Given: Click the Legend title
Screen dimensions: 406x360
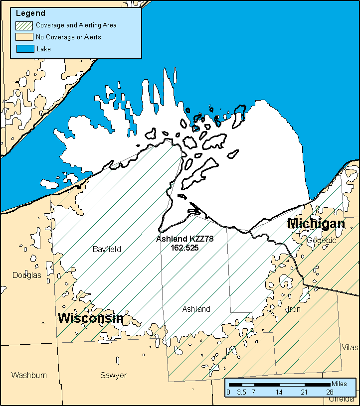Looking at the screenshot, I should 30,13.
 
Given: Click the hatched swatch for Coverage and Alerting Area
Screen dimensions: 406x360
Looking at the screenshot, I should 24,25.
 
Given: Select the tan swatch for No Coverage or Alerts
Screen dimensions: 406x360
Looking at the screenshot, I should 24,37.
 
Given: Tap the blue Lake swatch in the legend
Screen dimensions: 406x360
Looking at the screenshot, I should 24,49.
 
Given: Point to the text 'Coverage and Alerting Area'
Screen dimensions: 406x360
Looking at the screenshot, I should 76,25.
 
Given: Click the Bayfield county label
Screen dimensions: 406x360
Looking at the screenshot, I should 107,249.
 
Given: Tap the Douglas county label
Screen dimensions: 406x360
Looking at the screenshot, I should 27,275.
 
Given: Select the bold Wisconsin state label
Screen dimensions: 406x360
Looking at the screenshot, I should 91,318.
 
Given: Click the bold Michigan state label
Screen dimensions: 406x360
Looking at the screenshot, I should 316,224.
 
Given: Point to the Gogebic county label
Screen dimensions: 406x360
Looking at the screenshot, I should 322,240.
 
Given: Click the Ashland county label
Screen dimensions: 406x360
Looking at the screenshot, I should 196,309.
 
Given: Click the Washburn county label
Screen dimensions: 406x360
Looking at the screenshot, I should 29,375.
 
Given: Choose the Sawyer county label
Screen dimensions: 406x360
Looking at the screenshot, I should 113,375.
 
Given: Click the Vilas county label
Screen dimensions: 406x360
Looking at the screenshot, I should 350,347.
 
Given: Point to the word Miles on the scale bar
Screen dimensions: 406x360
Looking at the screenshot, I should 339,384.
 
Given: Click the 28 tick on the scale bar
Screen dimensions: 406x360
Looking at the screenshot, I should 330,392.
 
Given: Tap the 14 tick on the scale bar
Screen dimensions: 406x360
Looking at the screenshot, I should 279,392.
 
